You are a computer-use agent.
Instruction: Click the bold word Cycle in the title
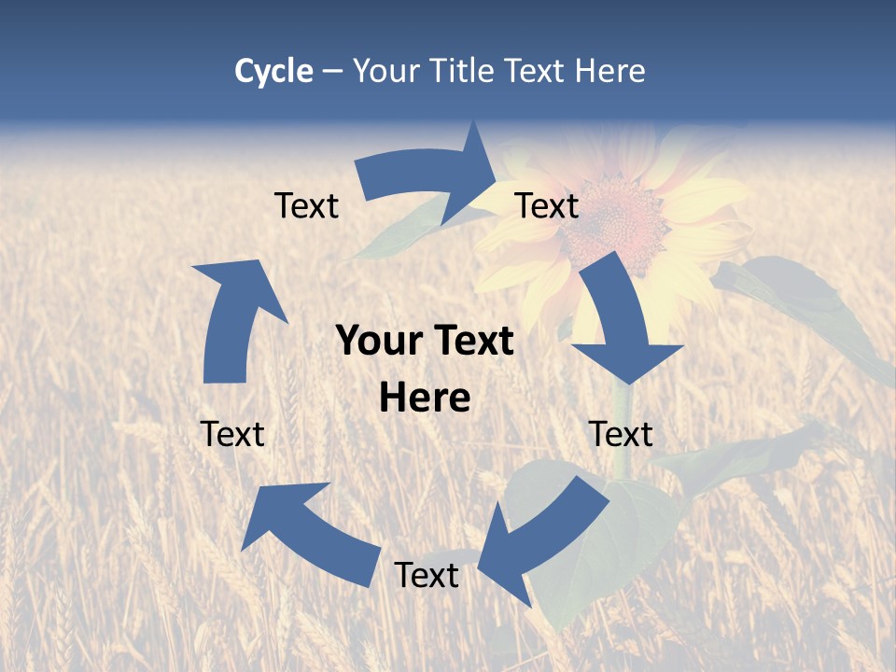point(273,71)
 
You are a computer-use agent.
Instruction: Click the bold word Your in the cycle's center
point(378,342)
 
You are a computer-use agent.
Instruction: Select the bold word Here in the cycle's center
point(425,399)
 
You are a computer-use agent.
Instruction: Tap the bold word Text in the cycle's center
point(470,342)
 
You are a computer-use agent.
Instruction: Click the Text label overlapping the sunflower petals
point(547,205)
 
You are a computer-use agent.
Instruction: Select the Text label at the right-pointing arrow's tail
point(306,205)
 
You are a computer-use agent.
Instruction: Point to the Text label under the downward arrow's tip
point(621,434)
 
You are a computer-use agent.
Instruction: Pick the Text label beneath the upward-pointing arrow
point(232,434)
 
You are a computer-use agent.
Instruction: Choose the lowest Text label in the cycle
point(427,575)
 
